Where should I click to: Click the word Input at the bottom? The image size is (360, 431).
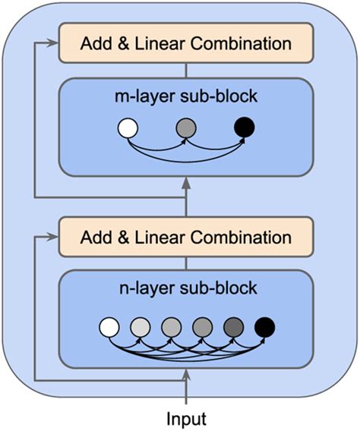[186, 417]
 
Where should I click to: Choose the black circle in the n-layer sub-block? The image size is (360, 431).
[265, 328]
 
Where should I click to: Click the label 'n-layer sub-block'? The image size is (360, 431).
[186, 288]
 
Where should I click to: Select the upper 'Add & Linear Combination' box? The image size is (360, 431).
[186, 43]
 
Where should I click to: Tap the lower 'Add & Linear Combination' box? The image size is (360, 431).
[186, 237]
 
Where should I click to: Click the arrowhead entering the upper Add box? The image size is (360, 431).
[53, 43]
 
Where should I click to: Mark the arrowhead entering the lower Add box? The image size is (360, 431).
[53, 237]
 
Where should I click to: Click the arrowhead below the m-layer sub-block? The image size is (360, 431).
[186, 184]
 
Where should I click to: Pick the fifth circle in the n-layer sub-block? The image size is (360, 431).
[234, 328]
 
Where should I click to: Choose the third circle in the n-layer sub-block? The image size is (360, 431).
[172, 328]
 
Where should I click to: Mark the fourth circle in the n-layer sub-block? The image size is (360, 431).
[203, 328]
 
